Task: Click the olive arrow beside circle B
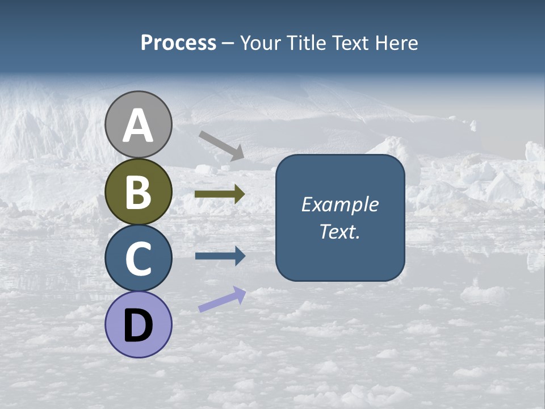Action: [219, 194]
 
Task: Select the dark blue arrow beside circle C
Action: [219, 256]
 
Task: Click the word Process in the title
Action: [178, 43]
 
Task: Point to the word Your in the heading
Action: [261, 43]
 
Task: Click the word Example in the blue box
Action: [340, 204]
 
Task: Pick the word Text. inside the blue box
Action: [340, 231]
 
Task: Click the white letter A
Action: [139, 127]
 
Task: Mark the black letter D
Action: [139, 325]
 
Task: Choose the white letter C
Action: [139, 258]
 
